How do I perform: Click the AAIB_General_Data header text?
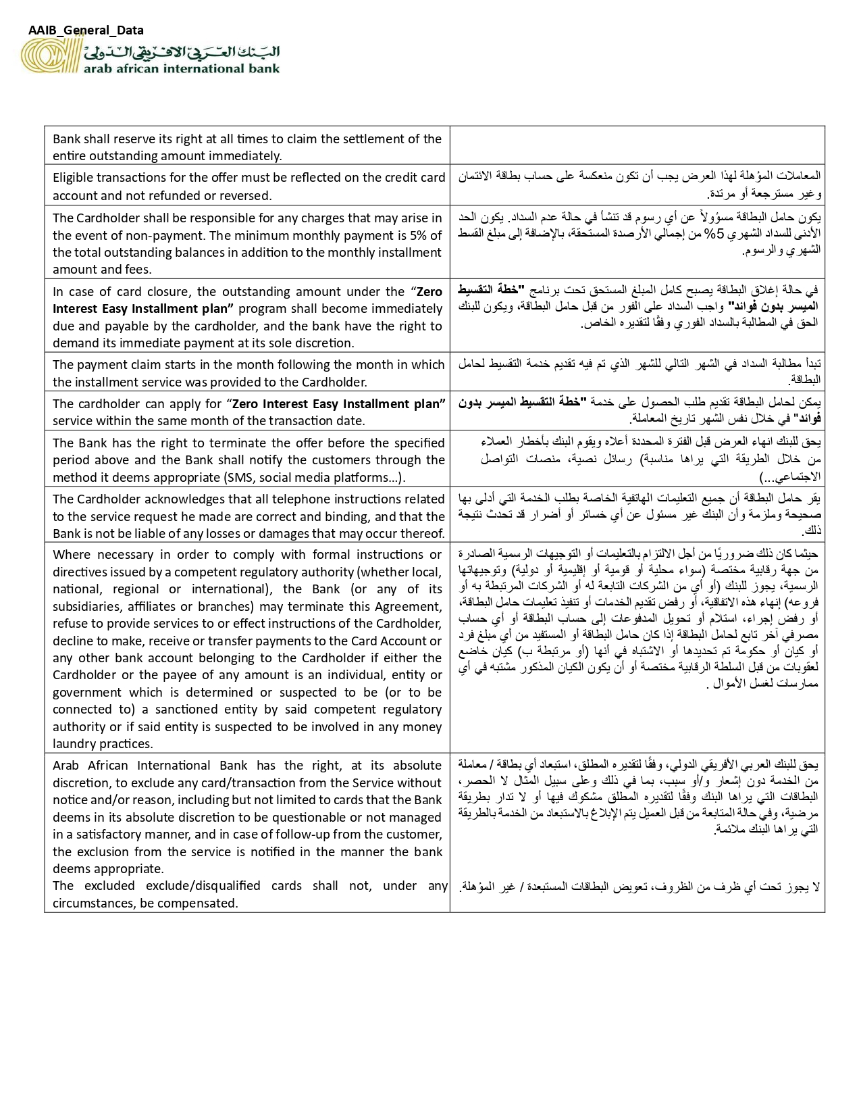point(86,30)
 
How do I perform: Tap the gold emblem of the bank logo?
point(51,55)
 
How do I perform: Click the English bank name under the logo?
point(181,68)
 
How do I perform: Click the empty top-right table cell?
point(637,145)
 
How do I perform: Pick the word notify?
point(311,460)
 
